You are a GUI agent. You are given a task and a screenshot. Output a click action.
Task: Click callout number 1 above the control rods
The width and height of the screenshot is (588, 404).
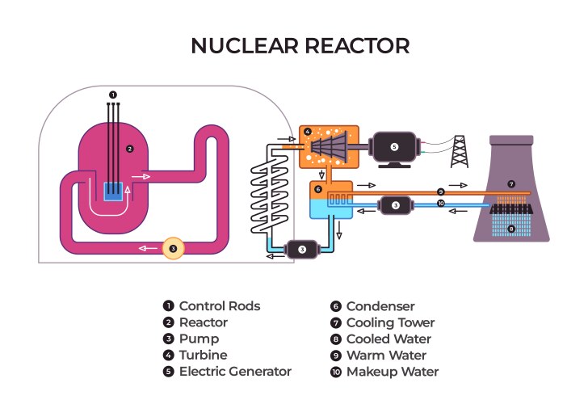[113, 95]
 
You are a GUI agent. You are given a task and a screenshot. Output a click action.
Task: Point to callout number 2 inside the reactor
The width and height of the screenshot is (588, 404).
[129, 149]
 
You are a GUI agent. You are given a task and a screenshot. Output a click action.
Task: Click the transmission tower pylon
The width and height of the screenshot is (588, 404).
[460, 150]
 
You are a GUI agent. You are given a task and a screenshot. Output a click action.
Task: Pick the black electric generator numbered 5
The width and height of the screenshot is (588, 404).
[394, 148]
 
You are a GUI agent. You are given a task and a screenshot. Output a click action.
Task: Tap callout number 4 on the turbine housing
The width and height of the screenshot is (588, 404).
[307, 131]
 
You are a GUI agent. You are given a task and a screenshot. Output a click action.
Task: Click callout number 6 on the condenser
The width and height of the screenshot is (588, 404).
[319, 190]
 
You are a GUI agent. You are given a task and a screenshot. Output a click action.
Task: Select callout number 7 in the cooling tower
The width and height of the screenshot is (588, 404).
[510, 184]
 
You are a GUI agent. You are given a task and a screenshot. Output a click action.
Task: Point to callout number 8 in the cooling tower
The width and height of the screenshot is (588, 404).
[510, 229]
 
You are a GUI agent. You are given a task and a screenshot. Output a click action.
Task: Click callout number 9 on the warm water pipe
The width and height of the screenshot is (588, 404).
[440, 191]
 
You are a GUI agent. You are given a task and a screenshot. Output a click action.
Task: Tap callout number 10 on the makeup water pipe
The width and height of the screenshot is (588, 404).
[440, 204]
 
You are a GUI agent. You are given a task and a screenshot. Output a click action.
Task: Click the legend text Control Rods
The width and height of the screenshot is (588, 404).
[219, 306]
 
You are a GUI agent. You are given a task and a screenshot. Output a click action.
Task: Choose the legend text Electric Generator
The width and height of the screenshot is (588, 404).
[234, 372]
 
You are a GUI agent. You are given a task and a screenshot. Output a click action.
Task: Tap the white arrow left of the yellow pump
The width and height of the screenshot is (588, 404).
[148, 248]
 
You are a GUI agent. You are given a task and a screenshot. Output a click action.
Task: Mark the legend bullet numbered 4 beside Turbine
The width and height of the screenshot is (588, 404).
[168, 356]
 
